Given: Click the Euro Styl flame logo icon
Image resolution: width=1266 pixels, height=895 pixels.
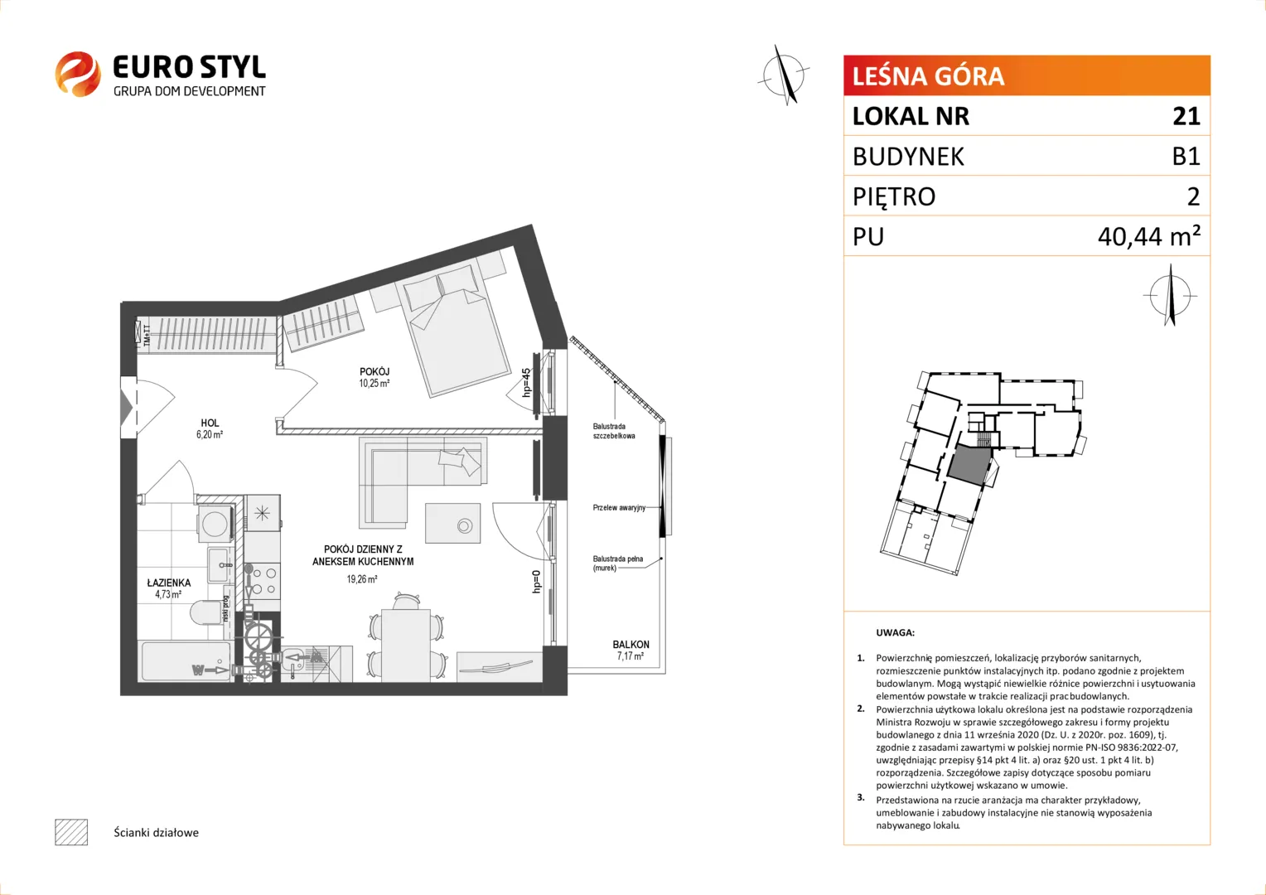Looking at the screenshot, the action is pos(78,74).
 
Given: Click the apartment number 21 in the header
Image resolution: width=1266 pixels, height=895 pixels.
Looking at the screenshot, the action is pos(1186,116).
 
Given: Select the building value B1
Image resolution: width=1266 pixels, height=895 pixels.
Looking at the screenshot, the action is pos(1186,156).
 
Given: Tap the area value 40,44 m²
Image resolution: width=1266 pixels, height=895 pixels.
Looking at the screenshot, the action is pos(1148,235).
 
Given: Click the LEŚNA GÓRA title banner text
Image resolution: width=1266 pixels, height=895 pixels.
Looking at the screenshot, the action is pos(928,76).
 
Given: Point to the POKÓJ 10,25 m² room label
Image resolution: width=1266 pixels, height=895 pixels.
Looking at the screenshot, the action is pos(374,377).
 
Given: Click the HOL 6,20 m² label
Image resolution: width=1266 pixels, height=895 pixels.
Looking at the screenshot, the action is pos(210,428).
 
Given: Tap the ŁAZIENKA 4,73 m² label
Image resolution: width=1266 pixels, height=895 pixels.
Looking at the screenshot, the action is pos(168,588).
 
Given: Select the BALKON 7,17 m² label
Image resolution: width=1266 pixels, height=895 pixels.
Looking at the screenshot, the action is pos(631,651).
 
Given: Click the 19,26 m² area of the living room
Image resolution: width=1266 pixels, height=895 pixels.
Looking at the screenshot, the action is pos(362,579).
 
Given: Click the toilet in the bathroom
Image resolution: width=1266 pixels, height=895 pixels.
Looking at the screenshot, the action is pos(205,613).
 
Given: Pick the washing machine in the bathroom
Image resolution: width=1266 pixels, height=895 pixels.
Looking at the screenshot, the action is pos(215,523).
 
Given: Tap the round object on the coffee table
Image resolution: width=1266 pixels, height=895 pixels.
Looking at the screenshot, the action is pos(465,526).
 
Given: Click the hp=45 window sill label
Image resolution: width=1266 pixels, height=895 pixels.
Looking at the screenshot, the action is pos(526,382).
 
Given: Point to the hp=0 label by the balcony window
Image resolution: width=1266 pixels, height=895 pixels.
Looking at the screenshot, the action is pos(536,582).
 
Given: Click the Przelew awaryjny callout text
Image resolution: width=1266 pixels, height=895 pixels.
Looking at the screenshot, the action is pos(619,508).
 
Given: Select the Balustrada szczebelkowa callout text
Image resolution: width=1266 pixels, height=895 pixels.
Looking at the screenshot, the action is pos(613,431).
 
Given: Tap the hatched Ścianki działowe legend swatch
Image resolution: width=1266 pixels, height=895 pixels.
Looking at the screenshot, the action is pos(71,832).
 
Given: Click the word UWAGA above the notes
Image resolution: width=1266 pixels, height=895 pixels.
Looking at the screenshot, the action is pos(896,632).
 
